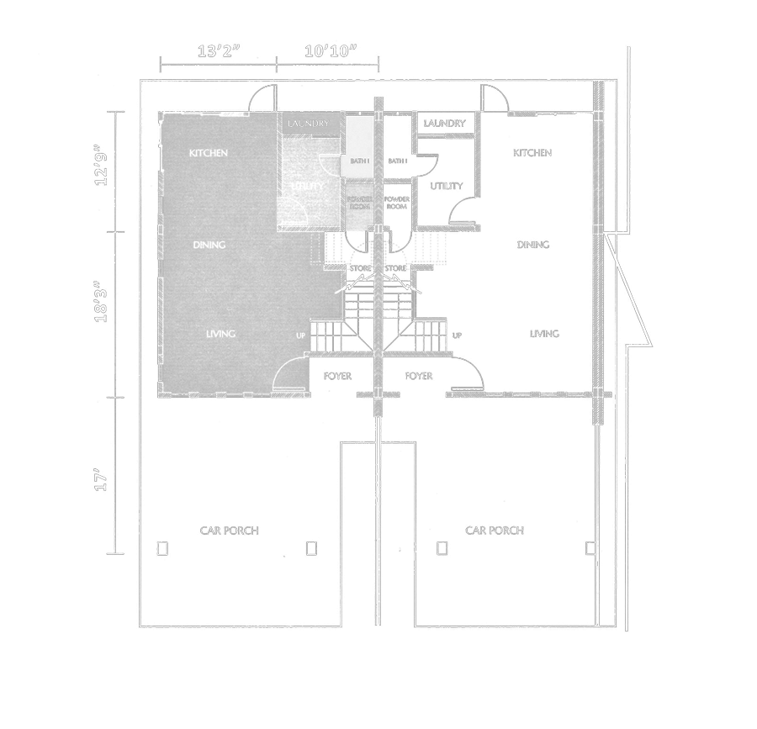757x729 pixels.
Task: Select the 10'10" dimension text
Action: (331, 50)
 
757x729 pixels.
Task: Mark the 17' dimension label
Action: (103, 481)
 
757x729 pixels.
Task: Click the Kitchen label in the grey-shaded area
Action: (209, 153)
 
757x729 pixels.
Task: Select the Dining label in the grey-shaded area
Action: (209, 245)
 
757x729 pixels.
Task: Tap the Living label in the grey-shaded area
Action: (220, 334)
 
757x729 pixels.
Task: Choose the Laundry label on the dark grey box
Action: (307, 124)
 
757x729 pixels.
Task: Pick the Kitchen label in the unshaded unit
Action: (532, 153)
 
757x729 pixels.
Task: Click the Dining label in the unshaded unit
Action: (532, 245)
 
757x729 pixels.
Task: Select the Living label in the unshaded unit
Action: (543, 334)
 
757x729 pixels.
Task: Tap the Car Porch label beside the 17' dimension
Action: (229, 531)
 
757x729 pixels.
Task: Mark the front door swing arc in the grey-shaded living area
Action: (290, 370)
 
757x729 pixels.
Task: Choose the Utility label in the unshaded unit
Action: (443, 185)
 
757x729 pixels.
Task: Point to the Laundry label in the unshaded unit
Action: (445, 124)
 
